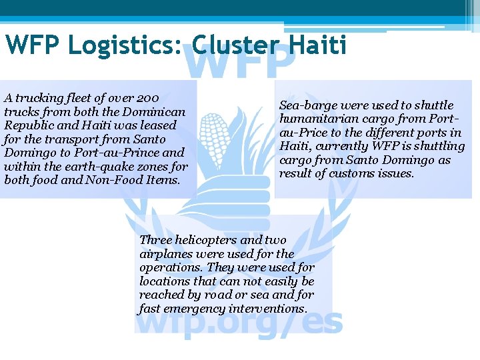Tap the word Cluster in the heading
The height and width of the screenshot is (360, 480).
point(234,46)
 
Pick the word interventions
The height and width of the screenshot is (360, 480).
point(267,309)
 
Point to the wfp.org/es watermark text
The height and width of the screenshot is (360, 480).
point(239,323)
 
